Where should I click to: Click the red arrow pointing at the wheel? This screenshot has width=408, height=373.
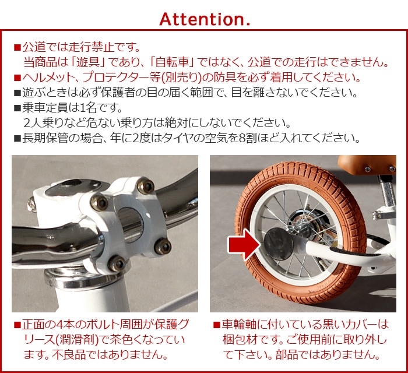pos(244,244)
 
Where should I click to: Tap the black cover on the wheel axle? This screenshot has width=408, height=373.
pos(279,244)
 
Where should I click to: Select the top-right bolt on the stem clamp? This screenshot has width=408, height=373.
pos(146,186)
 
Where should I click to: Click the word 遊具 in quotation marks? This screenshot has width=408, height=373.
pos(88,62)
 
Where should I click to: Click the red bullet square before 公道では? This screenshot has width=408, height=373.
pos(17,48)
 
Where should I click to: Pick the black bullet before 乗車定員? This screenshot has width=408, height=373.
pos(17,108)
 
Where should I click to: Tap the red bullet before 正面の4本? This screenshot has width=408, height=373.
pos(17,325)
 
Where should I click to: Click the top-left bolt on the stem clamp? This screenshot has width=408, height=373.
pos(99,202)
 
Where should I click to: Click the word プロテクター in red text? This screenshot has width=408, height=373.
pos(112,78)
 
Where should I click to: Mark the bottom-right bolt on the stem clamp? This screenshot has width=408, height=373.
pos(163,247)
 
